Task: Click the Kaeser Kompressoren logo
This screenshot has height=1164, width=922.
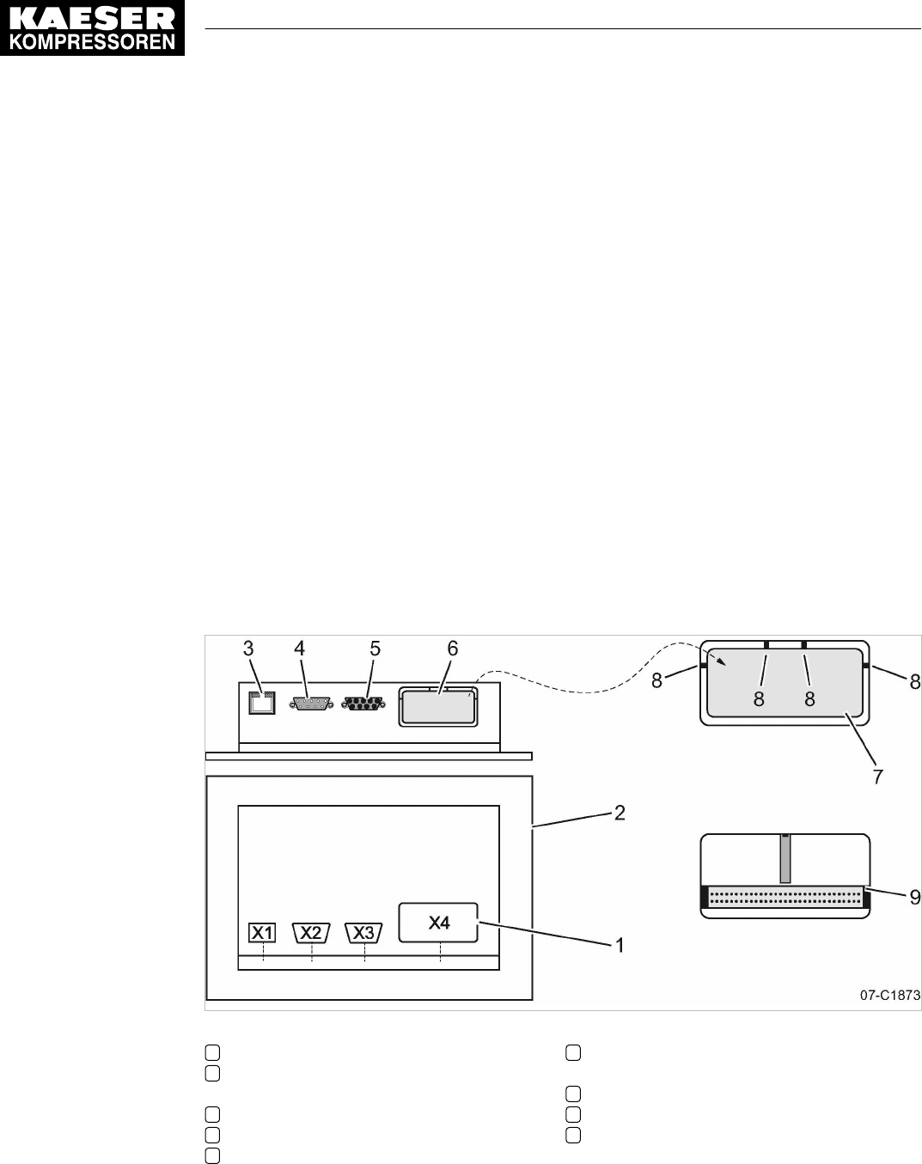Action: tap(92, 28)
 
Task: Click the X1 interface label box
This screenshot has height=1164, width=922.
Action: tap(262, 932)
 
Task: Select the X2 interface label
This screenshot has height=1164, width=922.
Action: tap(312, 932)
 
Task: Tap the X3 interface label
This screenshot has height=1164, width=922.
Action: tap(363, 932)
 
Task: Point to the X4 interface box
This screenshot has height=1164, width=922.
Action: tap(438, 923)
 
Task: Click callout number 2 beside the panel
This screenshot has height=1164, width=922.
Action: tap(619, 812)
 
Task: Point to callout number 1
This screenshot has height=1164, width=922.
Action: tap(618, 945)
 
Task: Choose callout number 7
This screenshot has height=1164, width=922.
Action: tap(877, 777)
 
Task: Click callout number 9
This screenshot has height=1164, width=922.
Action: tap(915, 897)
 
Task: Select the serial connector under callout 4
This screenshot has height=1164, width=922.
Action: tap(312, 704)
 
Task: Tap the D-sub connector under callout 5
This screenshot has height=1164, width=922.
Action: tap(363, 704)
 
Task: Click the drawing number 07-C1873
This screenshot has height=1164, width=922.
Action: tap(889, 996)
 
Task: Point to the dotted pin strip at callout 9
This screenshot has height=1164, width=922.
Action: tap(784, 899)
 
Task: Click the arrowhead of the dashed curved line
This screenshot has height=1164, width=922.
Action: tap(724, 661)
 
